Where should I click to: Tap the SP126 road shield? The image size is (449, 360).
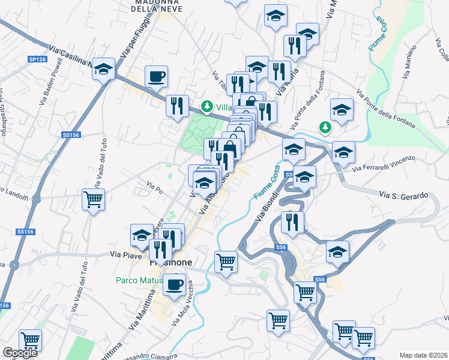click(37, 59)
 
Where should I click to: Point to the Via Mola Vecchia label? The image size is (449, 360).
click(182, 302)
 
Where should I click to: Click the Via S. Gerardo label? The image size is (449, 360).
click(403, 196)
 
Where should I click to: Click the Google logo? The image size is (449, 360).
click(20, 353)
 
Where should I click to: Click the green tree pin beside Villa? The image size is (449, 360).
click(207, 106)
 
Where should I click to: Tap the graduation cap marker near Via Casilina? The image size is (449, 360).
click(104, 68)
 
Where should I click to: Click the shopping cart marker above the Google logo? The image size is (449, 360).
click(29, 340)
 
